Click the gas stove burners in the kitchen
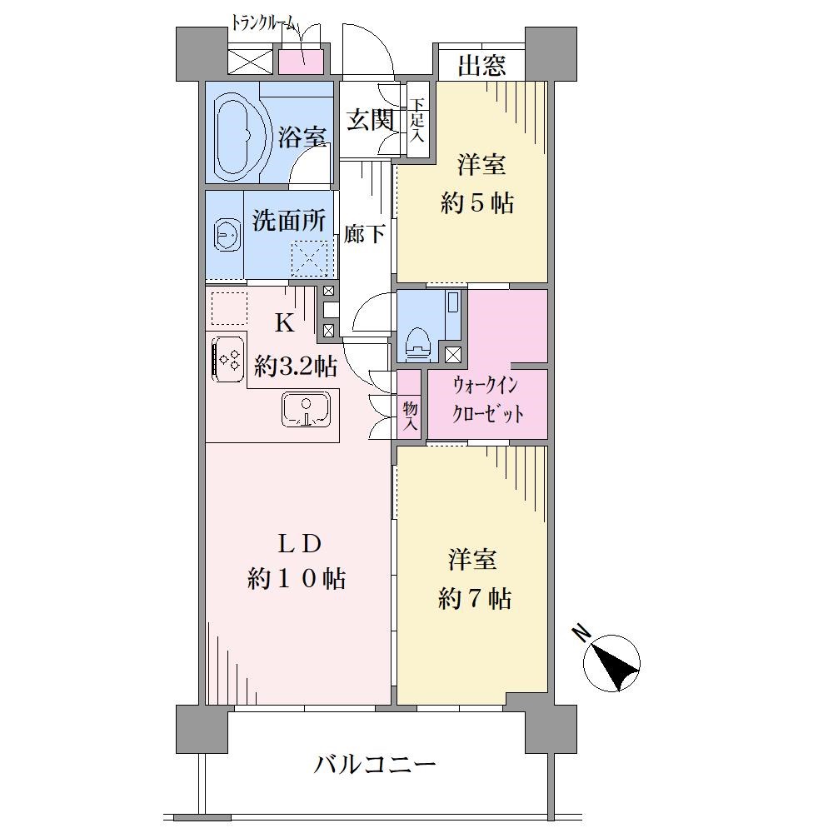229,360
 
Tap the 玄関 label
371,120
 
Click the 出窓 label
481,66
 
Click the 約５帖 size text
477,202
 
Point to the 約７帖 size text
475,599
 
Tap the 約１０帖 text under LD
297,578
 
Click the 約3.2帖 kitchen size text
296,366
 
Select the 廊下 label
364,234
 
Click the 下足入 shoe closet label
417,119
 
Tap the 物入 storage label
410,416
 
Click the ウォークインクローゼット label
487,400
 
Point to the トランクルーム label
266,23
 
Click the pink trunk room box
302,62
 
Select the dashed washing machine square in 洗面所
310,259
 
